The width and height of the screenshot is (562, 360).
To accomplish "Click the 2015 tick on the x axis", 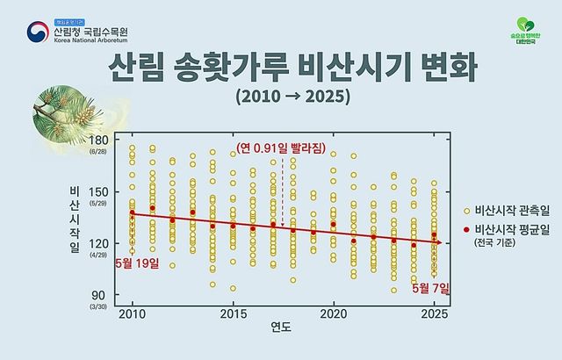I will click(x=233, y=313).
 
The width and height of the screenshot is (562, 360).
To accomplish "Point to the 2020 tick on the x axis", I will click(x=334, y=313).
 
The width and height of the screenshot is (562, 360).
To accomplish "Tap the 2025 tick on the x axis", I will click(x=434, y=313).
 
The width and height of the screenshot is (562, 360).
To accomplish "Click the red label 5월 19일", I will click(x=135, y=263).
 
